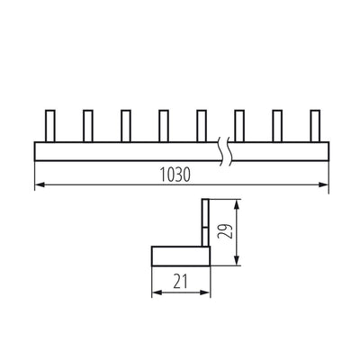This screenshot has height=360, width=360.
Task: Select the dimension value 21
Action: click(x=181, y=281)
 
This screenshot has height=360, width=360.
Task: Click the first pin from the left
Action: click(x=49, y=125)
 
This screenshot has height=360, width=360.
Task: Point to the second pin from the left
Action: click(x=87, y=125)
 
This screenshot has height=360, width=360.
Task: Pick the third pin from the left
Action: click(x=125, y=125)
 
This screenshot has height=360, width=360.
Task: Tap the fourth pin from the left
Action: click(x=163, y=125)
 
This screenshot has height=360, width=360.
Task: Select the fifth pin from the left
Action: click(x=201, y=125)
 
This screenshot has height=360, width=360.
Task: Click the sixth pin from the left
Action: click(x=239, y=125)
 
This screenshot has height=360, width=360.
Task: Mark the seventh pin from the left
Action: click(x=277, y=125)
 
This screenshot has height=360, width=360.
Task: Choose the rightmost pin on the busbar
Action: click(x=315, y=125)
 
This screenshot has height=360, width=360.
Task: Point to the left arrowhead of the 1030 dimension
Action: click(x=38, y=186)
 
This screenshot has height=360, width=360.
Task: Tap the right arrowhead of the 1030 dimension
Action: click(x=325, y=186)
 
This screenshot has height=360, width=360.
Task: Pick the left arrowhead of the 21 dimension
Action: click(x=154, y=292)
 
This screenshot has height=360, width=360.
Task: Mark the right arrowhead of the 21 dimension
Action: click(x=207, y=292)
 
